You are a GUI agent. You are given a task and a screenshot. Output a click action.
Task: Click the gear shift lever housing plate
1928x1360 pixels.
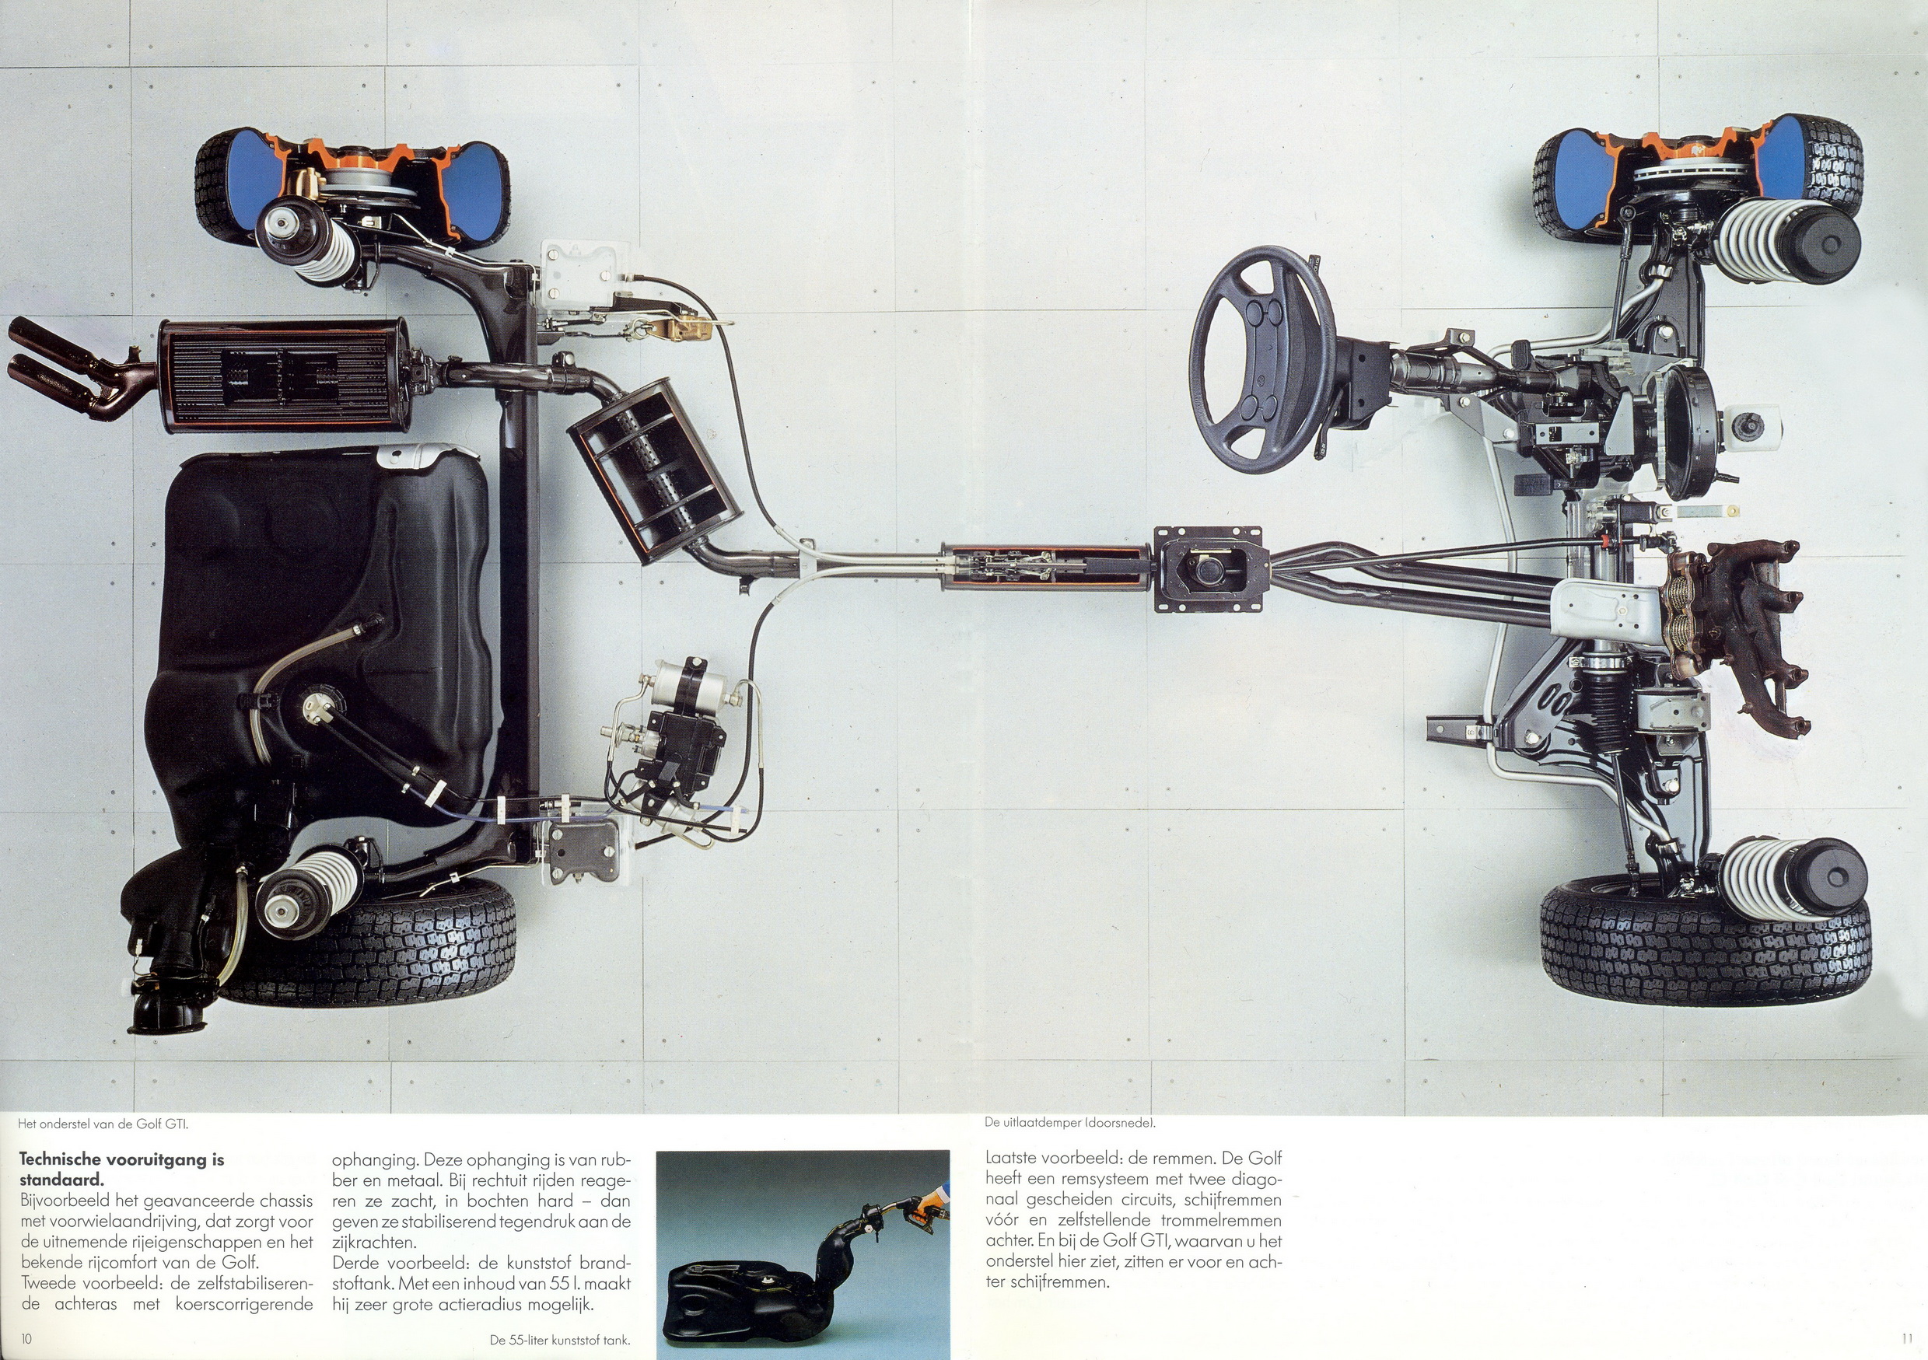coord(1209,568)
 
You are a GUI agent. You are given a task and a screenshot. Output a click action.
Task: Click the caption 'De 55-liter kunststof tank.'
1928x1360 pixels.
coord(560,1340)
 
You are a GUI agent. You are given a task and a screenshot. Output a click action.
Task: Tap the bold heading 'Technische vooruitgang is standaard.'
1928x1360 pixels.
coord(122,1169)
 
